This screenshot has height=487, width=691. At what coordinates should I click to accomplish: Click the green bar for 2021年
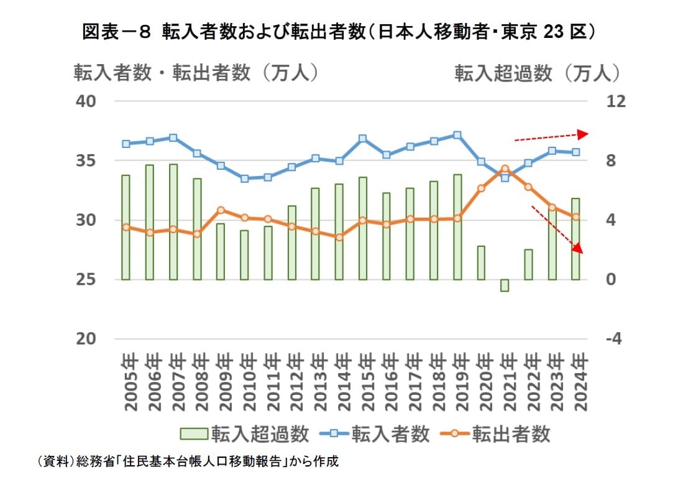[505, 285]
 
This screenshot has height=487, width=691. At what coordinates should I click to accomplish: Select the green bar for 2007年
[173, 222]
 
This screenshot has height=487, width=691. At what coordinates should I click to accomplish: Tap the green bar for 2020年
[481, 262]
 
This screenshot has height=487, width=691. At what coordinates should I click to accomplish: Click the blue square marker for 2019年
[457, 135]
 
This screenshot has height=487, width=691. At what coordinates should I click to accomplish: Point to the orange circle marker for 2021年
[505, 169]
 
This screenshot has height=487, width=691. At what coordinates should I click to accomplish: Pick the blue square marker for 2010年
[244, 179]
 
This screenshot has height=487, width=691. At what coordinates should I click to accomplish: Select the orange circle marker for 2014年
[339, 237]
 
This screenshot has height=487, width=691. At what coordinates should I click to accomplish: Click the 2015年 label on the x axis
[363, 381]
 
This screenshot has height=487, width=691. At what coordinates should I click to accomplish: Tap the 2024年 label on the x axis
[576, 381]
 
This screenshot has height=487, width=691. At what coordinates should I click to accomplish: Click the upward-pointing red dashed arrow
[551, 137]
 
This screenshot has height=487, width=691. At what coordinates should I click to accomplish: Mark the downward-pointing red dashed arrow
[557, 230]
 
